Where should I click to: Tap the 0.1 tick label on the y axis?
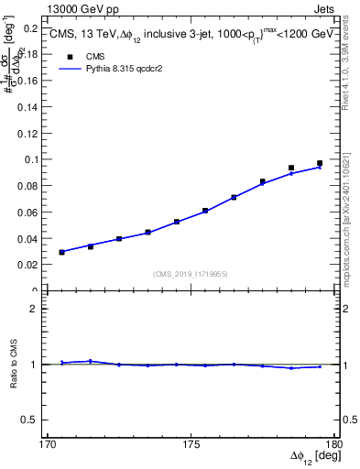pyautogui.click(x=34, y=159)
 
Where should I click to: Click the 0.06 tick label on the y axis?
pyautogui.click(x=31, y=213)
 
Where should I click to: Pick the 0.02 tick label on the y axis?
pyautogui.click(x=31, y=265)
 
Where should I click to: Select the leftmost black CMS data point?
pyautogui.click(x=62, y=252)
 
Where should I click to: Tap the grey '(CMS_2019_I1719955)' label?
pyautogui.click(x=191, y=273)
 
